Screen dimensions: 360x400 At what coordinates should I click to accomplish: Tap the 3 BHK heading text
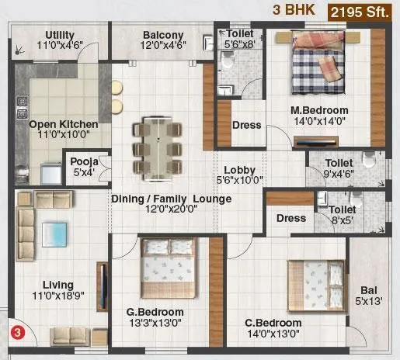tap(289, 11)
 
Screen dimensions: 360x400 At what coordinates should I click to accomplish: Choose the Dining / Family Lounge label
tap(171, 199)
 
